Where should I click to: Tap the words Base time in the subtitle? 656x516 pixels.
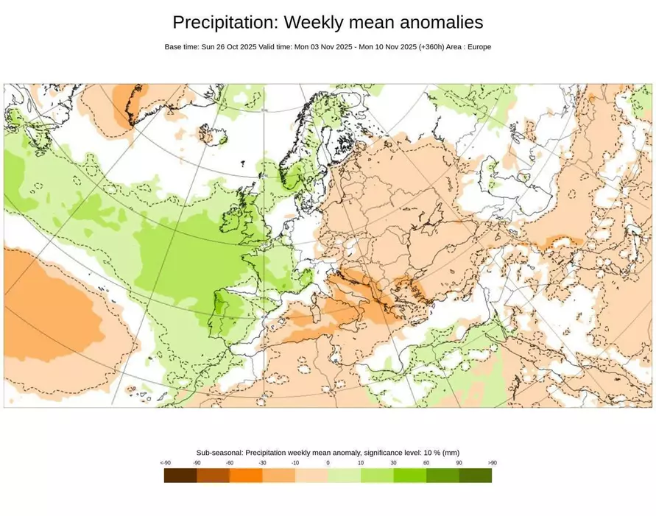[x=181, y=47]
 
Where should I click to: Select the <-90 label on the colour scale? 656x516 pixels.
[x=166, y=463]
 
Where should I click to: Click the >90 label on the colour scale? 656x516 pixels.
[x=492, y=463]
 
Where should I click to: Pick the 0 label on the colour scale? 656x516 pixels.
[x=328, y=463]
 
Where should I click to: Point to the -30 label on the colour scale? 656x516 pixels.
[x=263, y=463]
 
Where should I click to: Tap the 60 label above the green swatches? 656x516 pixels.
[x=426, y=463]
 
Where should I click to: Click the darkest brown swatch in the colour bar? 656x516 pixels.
[x=180, y=476]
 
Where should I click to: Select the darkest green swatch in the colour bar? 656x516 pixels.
[x=476, y=476]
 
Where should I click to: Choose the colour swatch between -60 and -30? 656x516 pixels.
[x=246, y=476]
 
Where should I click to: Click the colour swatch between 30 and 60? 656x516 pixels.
[x=410, y=476]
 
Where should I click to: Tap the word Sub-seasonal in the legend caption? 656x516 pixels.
[x=219, y=453]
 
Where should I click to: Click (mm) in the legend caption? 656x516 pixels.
[x=451, y=453]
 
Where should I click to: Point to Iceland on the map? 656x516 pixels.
[x=214, y=136]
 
